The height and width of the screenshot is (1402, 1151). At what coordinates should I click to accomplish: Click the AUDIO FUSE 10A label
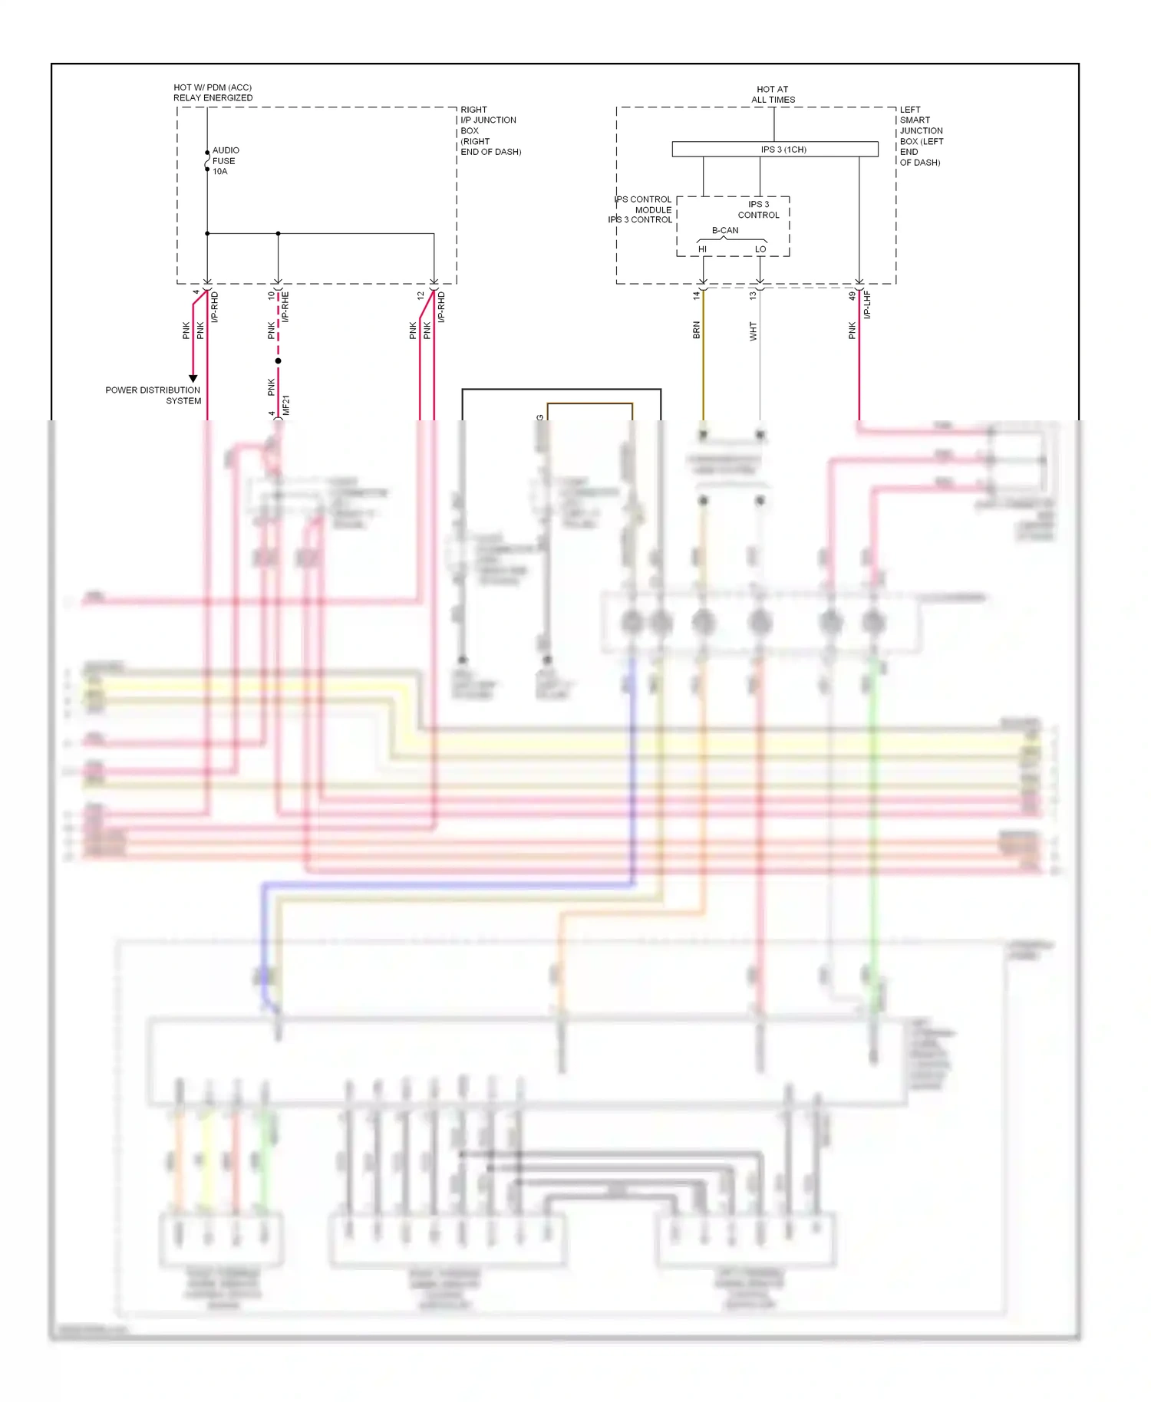coord(225,161)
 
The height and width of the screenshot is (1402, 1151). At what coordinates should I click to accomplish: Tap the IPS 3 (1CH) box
coord(775,150)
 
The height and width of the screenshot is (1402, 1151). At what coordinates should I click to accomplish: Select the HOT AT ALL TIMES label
coord(773,94)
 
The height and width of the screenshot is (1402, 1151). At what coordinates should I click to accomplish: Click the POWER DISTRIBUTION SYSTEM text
coord(153,396)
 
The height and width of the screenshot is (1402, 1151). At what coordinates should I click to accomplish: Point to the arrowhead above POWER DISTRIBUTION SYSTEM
coord(193,378)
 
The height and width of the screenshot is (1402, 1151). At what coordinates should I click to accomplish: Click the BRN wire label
coord(697,331)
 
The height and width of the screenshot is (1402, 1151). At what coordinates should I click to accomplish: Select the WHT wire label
coord(754,331)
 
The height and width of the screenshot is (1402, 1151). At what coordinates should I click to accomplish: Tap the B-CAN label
coord(725,230)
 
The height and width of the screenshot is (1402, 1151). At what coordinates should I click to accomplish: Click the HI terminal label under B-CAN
coord(702,249)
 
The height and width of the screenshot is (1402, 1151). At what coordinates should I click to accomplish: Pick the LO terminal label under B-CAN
coord(760,249)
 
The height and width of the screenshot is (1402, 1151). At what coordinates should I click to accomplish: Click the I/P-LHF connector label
coord(867,304)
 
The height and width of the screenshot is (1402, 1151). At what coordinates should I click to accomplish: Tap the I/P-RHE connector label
coord(285,307)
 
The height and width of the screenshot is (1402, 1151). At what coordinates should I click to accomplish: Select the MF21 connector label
coord(286,406)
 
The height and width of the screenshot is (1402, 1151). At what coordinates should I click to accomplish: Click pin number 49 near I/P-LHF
coord(853,295)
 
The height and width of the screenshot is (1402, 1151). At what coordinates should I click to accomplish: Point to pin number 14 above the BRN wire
coord(697,295)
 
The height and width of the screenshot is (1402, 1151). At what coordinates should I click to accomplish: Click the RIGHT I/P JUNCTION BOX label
coord(490,130)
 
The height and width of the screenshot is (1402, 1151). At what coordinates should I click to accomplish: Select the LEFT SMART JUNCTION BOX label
coord(921,136)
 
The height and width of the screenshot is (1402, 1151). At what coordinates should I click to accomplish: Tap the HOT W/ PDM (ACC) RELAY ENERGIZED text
coord(213,93)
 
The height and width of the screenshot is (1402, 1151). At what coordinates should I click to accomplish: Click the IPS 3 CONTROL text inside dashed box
coord(758,209)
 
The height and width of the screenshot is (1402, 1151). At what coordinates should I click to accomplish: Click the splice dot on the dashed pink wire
coord(279,360)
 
